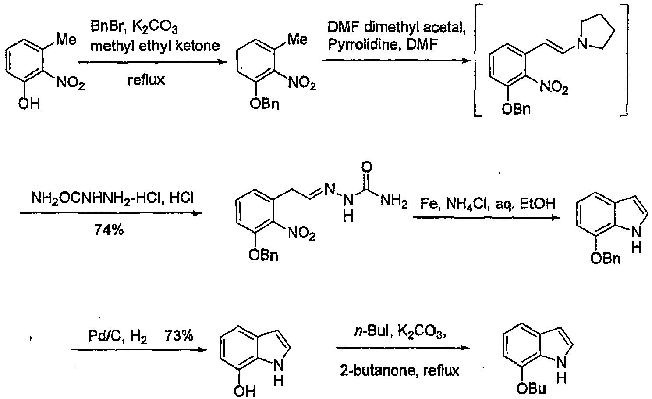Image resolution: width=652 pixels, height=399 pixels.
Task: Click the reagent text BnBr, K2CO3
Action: pyautogui.click(x=134, y=28)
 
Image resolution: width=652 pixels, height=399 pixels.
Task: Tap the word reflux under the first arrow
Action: pyautogui.click(x=146, y=79)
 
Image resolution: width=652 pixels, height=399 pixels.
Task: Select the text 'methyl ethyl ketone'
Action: pyautogui.click(x=155, y=46)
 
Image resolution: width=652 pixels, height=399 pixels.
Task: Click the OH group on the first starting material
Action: pyautogui.click(x=29, y=104)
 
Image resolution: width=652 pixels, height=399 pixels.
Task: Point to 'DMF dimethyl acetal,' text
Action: pyautogui.click(x=396, y=28)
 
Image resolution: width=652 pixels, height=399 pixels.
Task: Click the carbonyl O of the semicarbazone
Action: pyautogui.click(x=368, y=167)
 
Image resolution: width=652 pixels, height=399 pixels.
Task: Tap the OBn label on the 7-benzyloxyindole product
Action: pyautogui.click(x=605, y=259)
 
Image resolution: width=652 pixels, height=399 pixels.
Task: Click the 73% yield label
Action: pyautogui.click(x=179, y=336)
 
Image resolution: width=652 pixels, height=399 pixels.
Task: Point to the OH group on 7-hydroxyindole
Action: pyautogui.click(x=244, y=391)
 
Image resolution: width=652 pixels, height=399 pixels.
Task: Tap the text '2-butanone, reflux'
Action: pyautogui.click(x=400, y=371)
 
